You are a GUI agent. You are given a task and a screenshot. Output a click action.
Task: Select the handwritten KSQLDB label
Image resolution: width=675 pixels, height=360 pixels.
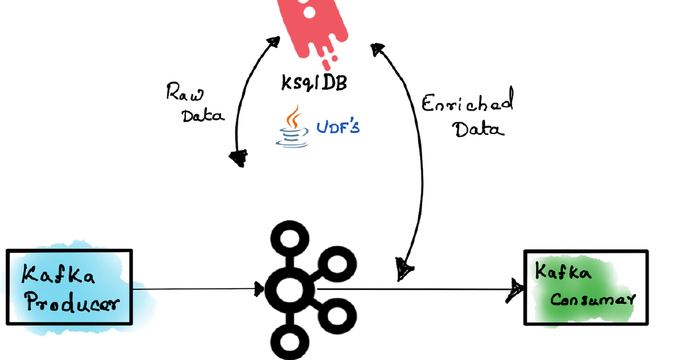(x=313, y=84)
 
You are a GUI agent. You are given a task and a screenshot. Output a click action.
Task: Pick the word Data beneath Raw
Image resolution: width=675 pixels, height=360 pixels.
(x=203, y=115)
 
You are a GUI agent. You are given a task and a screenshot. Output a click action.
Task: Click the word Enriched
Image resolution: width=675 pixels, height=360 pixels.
(x=467, y=105)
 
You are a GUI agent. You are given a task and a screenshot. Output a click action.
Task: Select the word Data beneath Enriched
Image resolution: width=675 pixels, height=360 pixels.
(x=478, y=128)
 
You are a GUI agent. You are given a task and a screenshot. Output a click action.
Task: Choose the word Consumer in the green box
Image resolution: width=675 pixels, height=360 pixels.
(x=592, y=299)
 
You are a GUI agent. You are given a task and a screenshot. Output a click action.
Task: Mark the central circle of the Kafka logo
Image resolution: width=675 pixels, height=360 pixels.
(x=289, y=289)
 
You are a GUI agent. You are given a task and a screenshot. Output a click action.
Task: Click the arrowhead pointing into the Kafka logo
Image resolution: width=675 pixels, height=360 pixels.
(x=259, y=289)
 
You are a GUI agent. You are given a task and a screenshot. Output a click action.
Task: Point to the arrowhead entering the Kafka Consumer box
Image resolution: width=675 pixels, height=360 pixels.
(x=516, y=289)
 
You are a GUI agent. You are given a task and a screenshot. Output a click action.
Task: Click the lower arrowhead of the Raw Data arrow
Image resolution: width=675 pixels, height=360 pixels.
(x=238, y=158)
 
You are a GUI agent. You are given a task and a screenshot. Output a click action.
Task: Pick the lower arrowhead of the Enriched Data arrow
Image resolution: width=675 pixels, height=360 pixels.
(x=404, y=268)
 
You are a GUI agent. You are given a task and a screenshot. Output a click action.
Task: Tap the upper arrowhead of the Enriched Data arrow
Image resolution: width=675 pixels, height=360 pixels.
(x=378, y=49)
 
